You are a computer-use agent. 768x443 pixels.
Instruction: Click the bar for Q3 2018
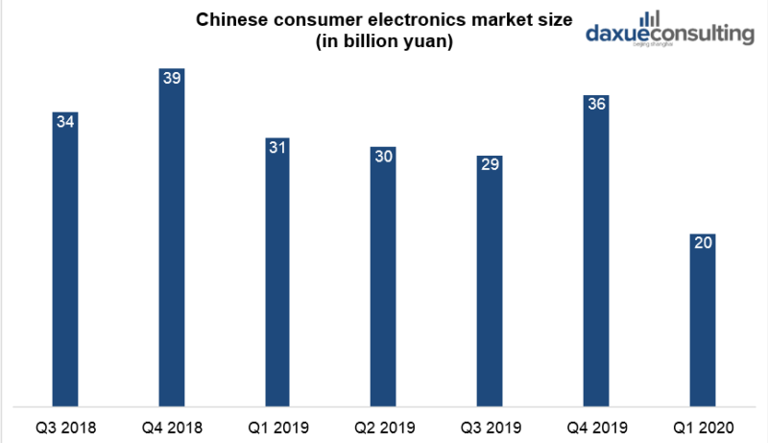point(66,259)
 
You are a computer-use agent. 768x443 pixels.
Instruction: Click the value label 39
point(172,78)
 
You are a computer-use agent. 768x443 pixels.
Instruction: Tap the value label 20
point(702,243)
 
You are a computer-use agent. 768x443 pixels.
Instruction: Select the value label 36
point(595,104)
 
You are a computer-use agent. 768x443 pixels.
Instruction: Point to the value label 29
point(490,164)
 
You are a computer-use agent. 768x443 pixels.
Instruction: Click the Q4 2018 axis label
point(172,426)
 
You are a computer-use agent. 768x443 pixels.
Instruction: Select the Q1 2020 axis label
point(702,426)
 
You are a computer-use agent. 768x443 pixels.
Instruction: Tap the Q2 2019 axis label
point(384,426)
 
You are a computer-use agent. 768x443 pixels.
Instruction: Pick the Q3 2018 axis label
point(66,426)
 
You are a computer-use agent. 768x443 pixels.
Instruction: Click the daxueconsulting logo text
point(670,35)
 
